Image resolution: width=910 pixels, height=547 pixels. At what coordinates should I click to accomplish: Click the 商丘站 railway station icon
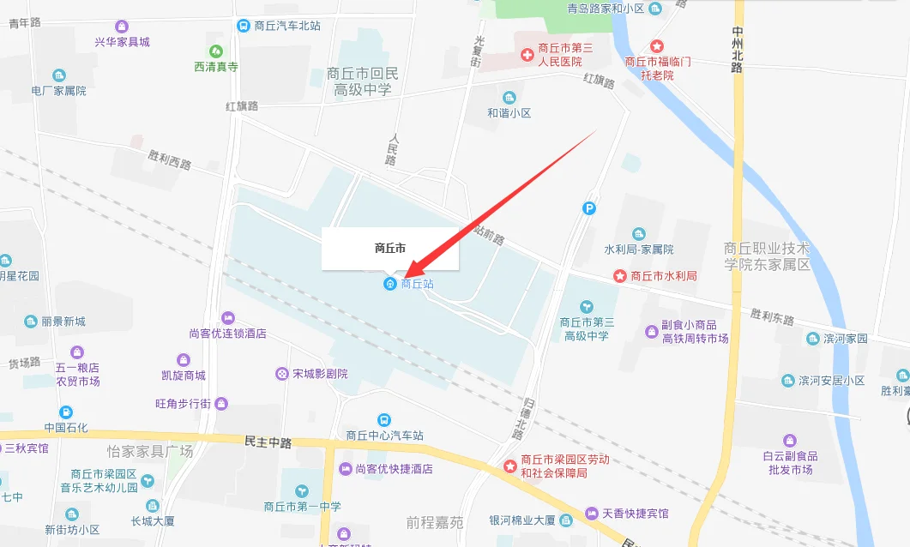click(x=390, y=284)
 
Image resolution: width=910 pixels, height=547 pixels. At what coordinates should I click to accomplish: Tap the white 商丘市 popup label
click(x=390, y=249)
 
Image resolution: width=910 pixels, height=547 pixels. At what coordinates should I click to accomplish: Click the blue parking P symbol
click(x=589, y=207)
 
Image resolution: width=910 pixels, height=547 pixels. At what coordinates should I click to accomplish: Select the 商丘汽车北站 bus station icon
click(x=244, y=26)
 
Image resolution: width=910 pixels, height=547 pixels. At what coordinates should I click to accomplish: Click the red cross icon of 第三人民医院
click(x=527, y=56)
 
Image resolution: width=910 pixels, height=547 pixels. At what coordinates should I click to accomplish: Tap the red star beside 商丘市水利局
click(x=619, y=276)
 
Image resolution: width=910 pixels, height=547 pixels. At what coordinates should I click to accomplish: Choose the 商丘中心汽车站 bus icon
click(x=384, y=420)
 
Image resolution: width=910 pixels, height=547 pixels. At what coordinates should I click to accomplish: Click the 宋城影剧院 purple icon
click(x=281, y=374)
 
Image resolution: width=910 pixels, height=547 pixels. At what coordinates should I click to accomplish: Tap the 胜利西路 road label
click(x=169, y=159)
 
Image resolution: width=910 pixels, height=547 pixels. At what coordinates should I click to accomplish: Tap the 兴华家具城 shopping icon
click(x=121, y=27)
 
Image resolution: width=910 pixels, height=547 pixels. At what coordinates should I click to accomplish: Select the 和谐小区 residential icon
click(x=509, y=98)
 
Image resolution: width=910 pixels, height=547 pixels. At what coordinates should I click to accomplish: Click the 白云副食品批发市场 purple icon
click(x=790, y=441)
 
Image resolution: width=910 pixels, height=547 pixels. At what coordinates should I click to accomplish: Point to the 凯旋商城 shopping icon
click(x=183, y=360)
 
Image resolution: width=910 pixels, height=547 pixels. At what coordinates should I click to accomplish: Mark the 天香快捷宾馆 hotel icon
click(x=591, y=513)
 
